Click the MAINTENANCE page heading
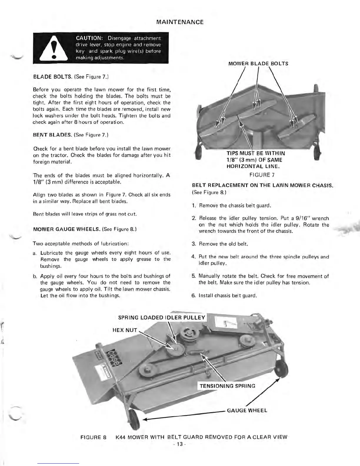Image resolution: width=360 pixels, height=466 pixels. coord(180,22)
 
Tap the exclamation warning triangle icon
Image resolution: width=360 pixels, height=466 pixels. coord(54,48)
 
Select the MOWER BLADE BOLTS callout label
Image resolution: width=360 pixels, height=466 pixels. coord(258,64)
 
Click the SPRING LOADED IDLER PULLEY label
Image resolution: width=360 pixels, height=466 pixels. coord(161,317)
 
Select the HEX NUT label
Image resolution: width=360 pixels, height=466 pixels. coord(125,330)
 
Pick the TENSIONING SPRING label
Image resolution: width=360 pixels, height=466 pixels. coord(227,386)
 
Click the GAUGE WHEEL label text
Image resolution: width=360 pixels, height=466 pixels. coord(247,410)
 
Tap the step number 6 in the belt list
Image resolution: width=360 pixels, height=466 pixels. coord(194,295)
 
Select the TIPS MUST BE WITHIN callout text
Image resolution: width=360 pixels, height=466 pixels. coord(255,153)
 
